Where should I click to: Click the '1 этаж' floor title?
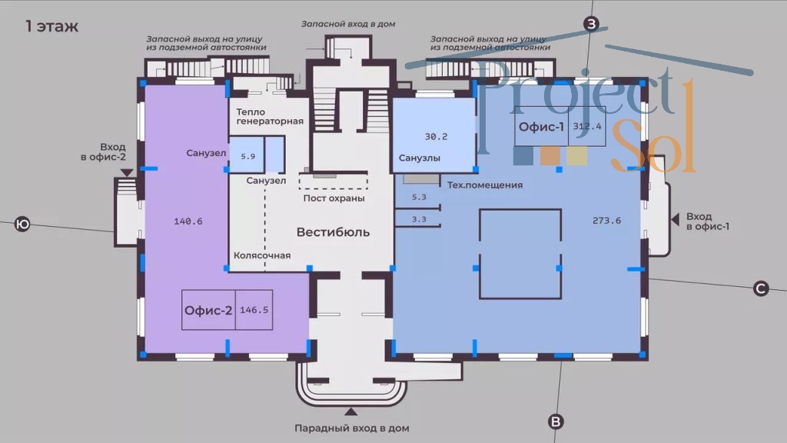[52, 27]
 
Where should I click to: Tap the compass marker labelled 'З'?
[591, 25]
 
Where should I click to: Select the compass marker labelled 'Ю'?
[22, 225]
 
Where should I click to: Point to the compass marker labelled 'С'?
[760, 288]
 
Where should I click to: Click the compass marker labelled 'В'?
[556, 421]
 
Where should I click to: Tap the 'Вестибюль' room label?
[333, 231]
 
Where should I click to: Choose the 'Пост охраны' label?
[334, 198]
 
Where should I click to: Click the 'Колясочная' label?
[262, 255]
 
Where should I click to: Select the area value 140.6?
[188, 221]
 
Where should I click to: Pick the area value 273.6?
[606, 221]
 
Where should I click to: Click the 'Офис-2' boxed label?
[208, 311]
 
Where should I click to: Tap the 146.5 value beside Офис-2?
[254, 311]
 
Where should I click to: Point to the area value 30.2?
[436, 137]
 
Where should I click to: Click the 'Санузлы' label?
[420, 158]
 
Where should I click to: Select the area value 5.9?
[247, 156]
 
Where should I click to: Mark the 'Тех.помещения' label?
[485, 185]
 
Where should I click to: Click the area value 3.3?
[419, 219]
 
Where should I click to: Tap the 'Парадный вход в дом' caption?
[351, 428]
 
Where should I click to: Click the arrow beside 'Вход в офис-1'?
[676, 221]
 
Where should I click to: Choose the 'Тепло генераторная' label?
[270, 116]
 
